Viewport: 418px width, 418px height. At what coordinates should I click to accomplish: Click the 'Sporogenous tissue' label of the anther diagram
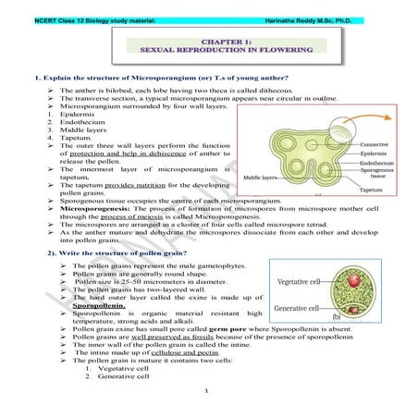(x=376, y=174)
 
